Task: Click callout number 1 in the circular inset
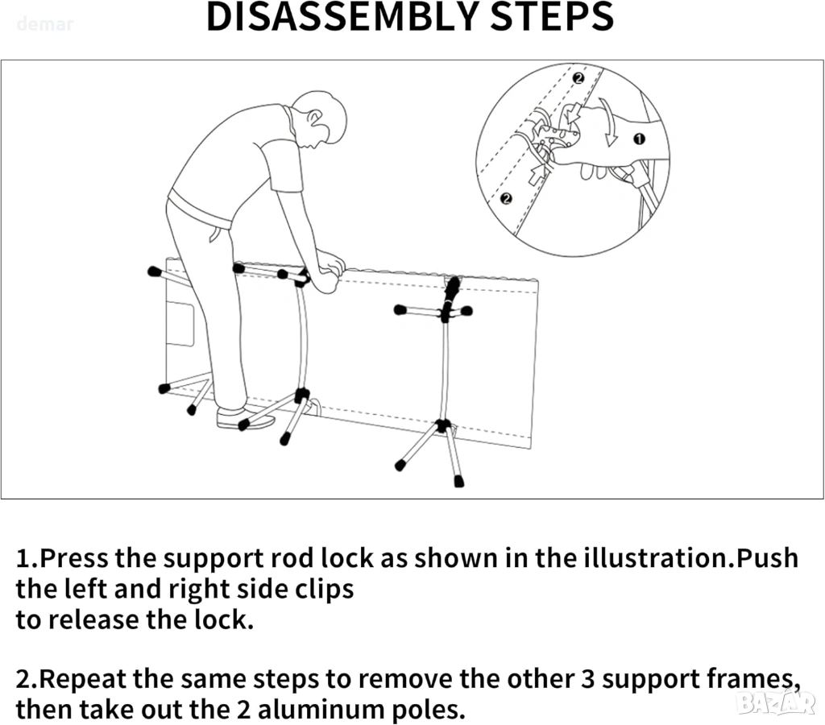pyautogui.click(x=640, y=139)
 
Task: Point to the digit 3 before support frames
pyautogui.click(x=588, y=679)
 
